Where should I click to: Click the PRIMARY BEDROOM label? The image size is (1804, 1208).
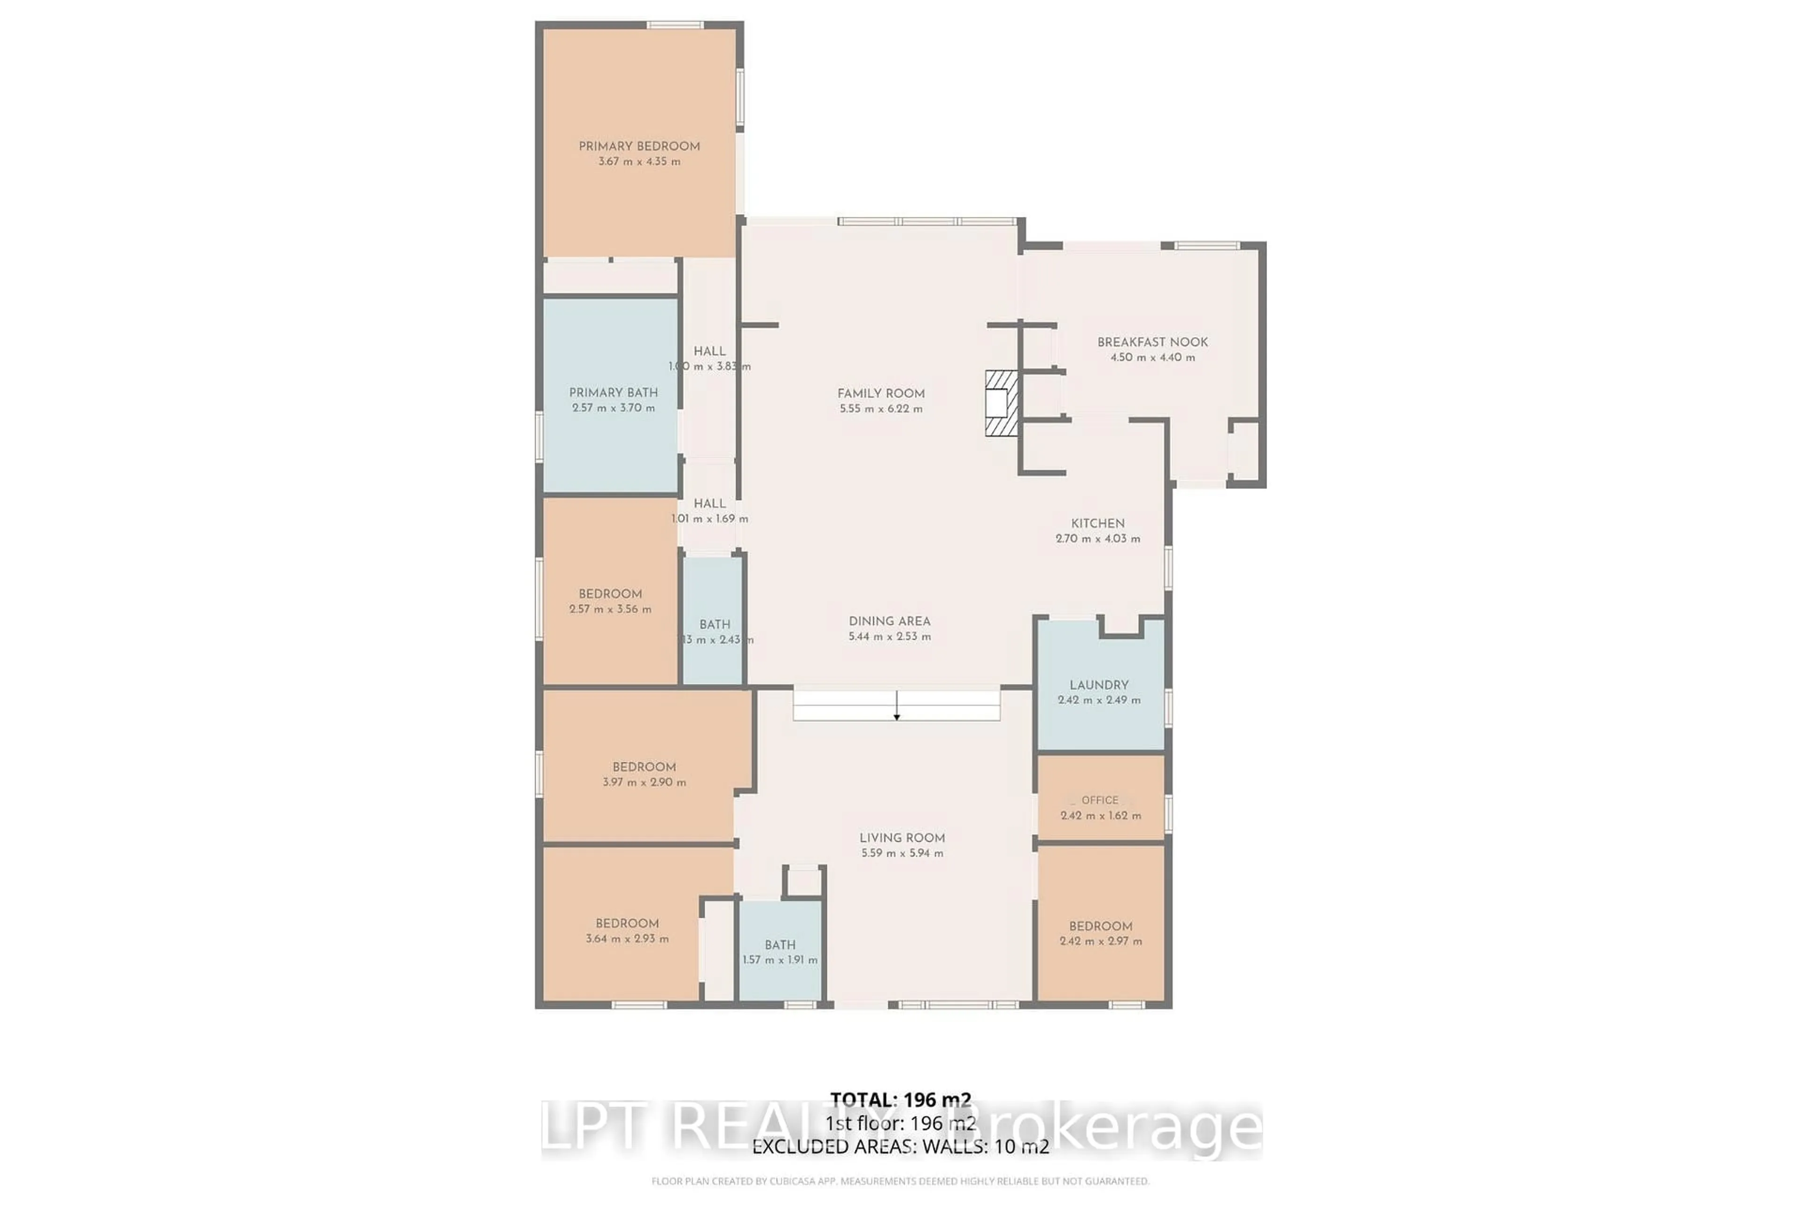tap(639, 147)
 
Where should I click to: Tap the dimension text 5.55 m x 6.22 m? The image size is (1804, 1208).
tap(881, 409)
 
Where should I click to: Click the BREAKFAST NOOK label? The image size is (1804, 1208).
tap(1152, 342)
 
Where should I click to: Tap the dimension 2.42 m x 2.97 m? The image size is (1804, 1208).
tap(1100, 941)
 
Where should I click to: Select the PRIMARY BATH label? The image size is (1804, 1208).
tap(614, 393)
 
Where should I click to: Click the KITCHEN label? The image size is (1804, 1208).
tap(1097, 523)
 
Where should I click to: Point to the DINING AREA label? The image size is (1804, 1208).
tap(889, 621)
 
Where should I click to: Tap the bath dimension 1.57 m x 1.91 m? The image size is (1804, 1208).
tap(780, 960)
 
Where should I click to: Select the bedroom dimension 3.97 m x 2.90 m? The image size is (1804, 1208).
tap(644, 782)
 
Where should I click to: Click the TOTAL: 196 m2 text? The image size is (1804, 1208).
tap(900, 1100)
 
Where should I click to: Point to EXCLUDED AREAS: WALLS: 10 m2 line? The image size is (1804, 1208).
tap(900, 1146)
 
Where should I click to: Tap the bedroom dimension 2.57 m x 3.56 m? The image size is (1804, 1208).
tap(610, 609)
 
